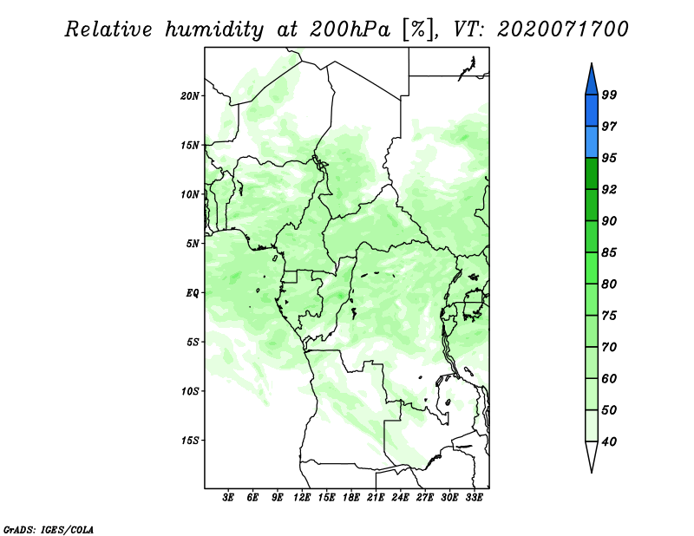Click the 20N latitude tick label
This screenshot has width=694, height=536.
pos(190,96)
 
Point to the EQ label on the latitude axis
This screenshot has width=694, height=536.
pos(193,293)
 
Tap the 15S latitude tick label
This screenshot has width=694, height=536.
pos(190,441)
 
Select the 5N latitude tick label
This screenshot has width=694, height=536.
pos(193,244)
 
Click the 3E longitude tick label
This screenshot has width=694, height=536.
pos(228,498)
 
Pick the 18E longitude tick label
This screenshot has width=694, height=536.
pos(351,498)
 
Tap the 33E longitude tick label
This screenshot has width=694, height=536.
pos(474,498)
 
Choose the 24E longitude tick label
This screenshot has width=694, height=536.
pos(400,498)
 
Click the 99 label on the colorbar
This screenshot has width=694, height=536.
pos(609,95)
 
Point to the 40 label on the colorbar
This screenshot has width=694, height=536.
pos(609,441)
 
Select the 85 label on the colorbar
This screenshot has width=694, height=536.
pos(609,252)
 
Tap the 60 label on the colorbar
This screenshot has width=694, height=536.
pos(609,378)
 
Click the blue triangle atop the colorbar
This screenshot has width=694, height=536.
pos(592,82)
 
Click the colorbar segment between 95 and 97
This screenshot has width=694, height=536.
pos(592,142)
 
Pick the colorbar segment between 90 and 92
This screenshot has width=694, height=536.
pos(592,205)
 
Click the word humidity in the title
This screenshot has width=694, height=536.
pos(214,30)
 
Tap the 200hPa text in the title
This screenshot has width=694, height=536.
pos(350,29)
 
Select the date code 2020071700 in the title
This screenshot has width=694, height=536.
pos(562,29)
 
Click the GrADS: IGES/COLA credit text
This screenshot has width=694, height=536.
pos(49,529)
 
